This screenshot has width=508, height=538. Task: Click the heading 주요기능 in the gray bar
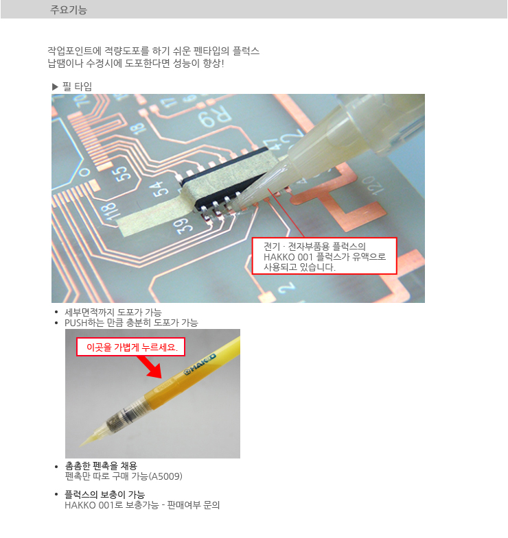[x=69, y=10]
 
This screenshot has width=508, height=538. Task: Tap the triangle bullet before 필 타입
[x=55, y=87]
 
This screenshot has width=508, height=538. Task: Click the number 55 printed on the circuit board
[x=124, y=173]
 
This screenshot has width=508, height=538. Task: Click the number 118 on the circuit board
[x=108, y=212]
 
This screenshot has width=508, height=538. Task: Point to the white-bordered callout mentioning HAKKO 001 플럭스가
[x=325, y=256]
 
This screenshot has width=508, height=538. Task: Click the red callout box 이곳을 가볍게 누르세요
[x=130, y=347]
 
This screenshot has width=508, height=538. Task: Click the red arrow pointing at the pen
[x=150, y=367]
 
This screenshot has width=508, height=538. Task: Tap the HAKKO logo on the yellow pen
[x=199, y=364]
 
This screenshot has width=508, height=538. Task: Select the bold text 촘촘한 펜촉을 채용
[x=101, y=465]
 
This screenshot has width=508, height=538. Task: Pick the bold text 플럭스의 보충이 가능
[x=105, y=494]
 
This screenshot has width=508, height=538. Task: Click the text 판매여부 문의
[x=193, y=505]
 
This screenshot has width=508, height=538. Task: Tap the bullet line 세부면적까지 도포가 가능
[x=113, y=313]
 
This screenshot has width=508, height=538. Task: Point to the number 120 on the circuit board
[x=372, y=185]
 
